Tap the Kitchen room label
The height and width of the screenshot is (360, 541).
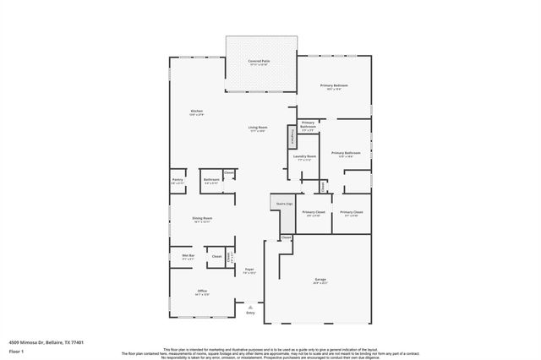[196, 112]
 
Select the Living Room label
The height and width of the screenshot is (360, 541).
[257, 128]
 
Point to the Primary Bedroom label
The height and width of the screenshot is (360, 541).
[334, 86]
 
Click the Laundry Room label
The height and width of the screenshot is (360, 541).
[304, 157]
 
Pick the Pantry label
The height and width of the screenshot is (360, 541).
[178, 179]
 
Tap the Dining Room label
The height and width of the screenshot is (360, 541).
[201, 219]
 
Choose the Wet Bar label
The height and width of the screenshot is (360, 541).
[188, 255]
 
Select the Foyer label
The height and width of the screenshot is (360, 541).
[249, 271]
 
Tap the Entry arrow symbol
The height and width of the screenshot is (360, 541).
[250, 307]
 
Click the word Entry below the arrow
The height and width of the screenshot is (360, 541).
[250, 314]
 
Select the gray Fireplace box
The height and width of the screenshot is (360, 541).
[292, 136]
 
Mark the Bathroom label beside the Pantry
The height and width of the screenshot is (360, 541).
[211, 179]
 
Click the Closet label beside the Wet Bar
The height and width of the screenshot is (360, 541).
[216, 256]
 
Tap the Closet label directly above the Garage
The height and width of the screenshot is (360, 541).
[286, 237]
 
